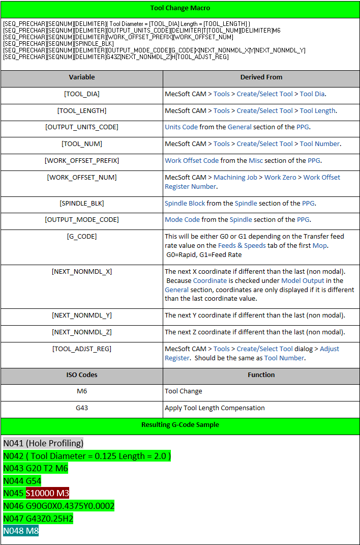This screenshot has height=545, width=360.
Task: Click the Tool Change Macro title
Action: click(180, 8)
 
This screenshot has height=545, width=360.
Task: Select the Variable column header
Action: click(82, 77)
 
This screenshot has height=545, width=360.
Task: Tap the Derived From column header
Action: click(261, 77)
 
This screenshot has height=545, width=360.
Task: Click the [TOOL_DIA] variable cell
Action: click(82, 94)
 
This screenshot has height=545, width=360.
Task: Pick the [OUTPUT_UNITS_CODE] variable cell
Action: click(82, 127)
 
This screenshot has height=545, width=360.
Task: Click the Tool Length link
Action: click(317, 110)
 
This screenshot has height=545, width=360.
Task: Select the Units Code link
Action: click(181, 127)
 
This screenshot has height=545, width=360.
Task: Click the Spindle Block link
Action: click(185, 203)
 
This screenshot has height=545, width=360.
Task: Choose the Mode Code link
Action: click(182, 220)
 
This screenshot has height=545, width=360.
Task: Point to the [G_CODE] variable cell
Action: click(82, 237)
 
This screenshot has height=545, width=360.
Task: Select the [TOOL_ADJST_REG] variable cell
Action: click(82, 349)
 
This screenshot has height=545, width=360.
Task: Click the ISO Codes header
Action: click(82, 375)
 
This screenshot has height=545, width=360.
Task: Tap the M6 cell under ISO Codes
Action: click(82, 391)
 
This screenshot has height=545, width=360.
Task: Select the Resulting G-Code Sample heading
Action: click(180, 424)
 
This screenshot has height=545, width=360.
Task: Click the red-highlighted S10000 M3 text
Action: click(47, 493)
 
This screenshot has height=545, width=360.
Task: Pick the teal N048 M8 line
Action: click(21, 531)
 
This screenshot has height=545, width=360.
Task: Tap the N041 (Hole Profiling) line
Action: click(43, 443)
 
